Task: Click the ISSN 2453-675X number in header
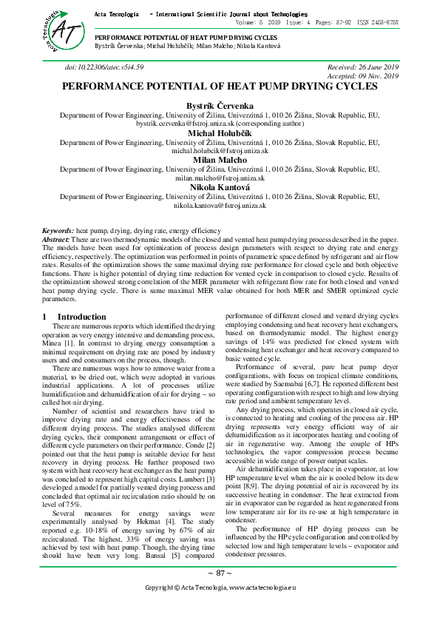click(377, 23)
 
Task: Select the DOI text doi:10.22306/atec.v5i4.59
click(104, 67)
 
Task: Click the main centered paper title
click(220, 87)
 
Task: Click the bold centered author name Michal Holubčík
click(220, 133)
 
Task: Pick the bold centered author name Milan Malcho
click(220, 159)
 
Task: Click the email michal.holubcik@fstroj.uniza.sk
click(220, 151)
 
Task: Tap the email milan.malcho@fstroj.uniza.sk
click(220, 178)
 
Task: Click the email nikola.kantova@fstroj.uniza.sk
click(220, 204)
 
